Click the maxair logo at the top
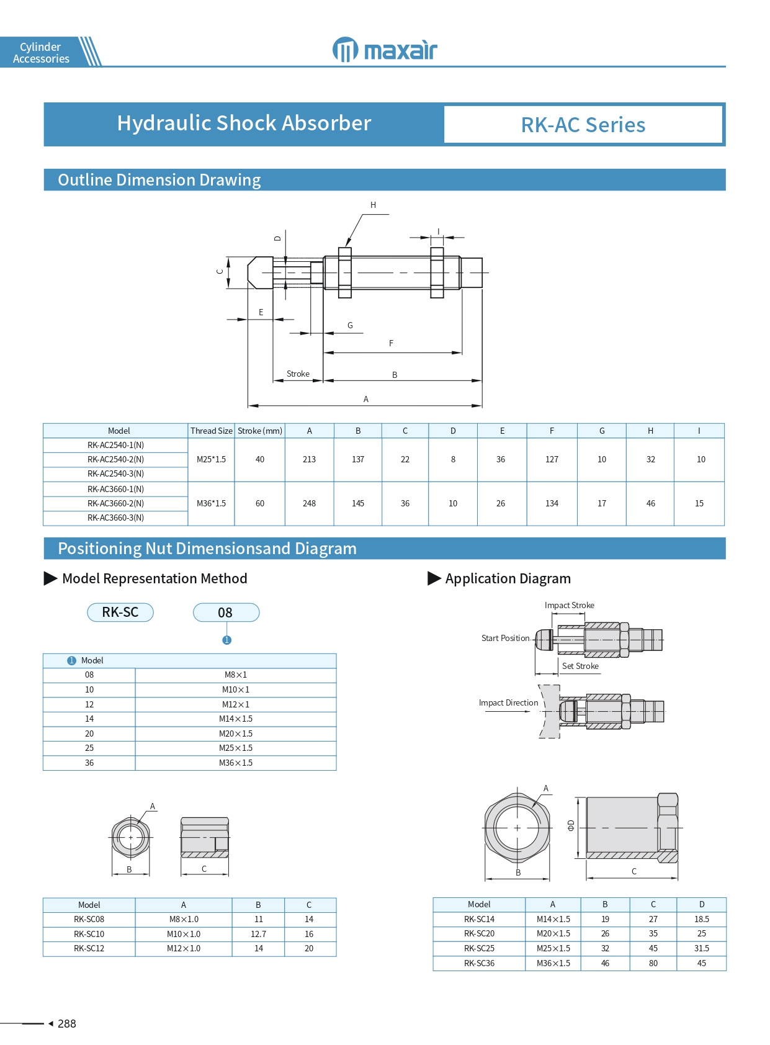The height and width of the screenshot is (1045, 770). [x=385, y=50]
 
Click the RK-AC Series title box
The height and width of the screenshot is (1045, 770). [x=583, y=125]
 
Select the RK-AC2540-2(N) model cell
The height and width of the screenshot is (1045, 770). [x=115, y=459]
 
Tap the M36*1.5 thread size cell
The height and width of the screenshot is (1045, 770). [x=211, y=503]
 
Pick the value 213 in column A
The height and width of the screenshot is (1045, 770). [x=309, y=459]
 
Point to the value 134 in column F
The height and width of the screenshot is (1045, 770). [x=552, y=503]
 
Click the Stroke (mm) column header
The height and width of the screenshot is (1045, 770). [x=260, y=431]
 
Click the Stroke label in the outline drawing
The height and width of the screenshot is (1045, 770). [x=298, y=374]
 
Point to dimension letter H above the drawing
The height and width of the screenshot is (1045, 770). [x=373, y=205]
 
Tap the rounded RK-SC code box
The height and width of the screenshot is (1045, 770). [x=120, y=612]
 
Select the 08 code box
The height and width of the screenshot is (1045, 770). [x=226, y=612]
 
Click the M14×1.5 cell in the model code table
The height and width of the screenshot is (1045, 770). [x=236, y=719]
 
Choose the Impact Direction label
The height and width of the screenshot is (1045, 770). [x=508, y=702]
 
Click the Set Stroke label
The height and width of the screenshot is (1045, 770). [x=580, y=666]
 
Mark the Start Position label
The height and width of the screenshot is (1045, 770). [x=505, y=638]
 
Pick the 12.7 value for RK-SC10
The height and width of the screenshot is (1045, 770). [x=258, y=934]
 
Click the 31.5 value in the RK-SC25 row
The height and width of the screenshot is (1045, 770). [x=701, y=948]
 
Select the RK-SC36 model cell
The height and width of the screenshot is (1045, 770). [x=479, y=963]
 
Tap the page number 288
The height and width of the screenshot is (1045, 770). [x=67, y=1024]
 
